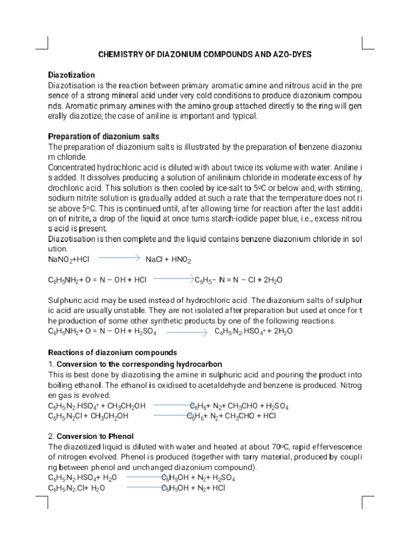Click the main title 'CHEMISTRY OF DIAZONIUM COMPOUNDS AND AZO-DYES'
tap(206, 54)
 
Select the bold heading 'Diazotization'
tap(72, 75)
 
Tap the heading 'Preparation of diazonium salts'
tap(104, 136)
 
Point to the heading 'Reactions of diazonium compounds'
tap(113, 352)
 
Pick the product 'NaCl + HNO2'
tap(169, 259)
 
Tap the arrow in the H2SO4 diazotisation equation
tap(187, 332)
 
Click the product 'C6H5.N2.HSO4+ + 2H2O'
tap(254, 332)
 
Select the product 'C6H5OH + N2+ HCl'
tap(194, 488)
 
